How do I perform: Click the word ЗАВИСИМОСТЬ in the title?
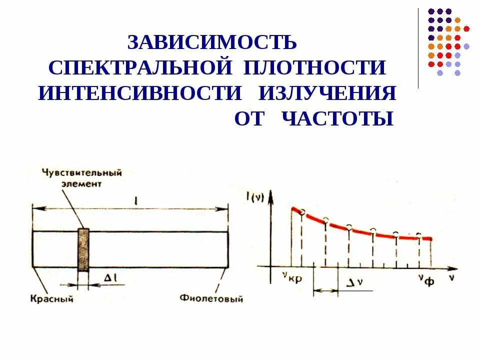click(212, 42)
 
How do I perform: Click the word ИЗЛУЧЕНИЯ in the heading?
click(327, 93)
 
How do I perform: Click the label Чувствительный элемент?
click(82, 177)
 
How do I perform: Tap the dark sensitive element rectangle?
click(83, 249)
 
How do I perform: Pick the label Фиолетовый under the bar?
click(212, 299)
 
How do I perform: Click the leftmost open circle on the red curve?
click(301, 212)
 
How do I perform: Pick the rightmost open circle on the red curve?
click(419, 234)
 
